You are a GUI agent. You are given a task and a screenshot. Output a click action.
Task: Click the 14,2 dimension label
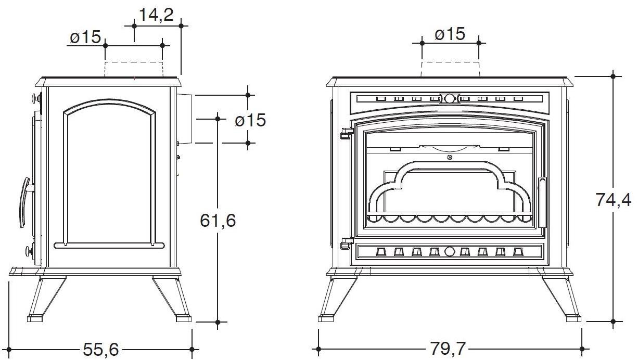(156, 15)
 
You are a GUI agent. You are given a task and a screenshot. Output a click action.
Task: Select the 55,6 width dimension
(101, 349)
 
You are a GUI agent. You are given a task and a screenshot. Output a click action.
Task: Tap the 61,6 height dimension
(218, 220)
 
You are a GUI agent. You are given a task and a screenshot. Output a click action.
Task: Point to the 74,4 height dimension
(613, 199)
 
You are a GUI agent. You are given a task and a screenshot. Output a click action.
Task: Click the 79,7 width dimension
(448, 349)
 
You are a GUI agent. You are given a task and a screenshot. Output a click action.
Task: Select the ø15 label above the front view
(450, 34)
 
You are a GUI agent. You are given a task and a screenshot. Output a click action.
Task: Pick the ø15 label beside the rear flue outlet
(250, 120)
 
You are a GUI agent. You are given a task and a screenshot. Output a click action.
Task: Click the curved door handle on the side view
(25, 202)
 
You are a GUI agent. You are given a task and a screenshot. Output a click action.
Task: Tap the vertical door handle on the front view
(542, 202)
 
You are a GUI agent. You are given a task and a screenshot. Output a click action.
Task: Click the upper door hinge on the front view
(347, 133)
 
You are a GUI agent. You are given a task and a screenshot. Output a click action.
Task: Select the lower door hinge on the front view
(347, 243)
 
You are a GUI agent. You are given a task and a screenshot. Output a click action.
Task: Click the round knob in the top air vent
(449, 98)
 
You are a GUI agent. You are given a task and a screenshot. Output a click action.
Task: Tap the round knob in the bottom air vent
(449, 251)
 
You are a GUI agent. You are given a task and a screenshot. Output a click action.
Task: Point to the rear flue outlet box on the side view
(185, 119)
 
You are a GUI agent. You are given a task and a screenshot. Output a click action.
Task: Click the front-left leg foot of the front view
(326, 318)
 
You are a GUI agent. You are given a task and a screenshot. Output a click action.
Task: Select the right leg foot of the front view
(573, 318)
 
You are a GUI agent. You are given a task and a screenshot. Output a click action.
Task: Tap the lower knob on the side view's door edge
(30, 251)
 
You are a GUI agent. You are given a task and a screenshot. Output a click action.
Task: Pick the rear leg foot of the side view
(184, 318)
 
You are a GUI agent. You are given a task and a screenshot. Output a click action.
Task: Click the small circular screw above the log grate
(450, 157)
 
